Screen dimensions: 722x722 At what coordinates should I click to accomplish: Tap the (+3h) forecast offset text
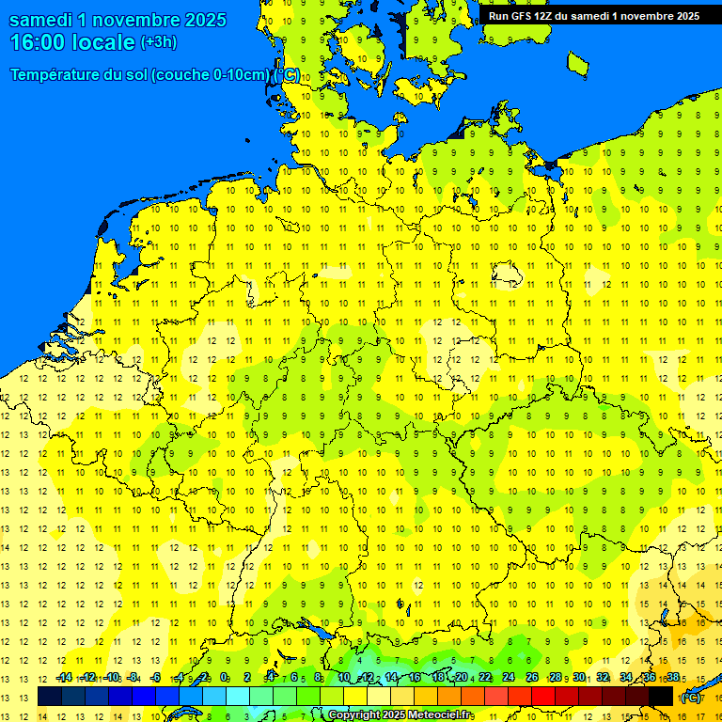[159, 42]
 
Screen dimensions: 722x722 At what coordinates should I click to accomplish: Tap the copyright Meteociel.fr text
[400, 715]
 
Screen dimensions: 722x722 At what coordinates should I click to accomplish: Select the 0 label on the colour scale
[224, 678]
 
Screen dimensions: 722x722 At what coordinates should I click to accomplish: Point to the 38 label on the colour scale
[672, 678]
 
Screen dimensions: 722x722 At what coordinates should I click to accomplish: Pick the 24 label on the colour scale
[509, 678]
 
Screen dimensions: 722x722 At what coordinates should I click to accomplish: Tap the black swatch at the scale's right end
[661, 696]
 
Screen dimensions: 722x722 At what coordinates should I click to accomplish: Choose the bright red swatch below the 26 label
[543, 696]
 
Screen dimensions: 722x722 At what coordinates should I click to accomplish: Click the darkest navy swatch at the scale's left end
[49, 696]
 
